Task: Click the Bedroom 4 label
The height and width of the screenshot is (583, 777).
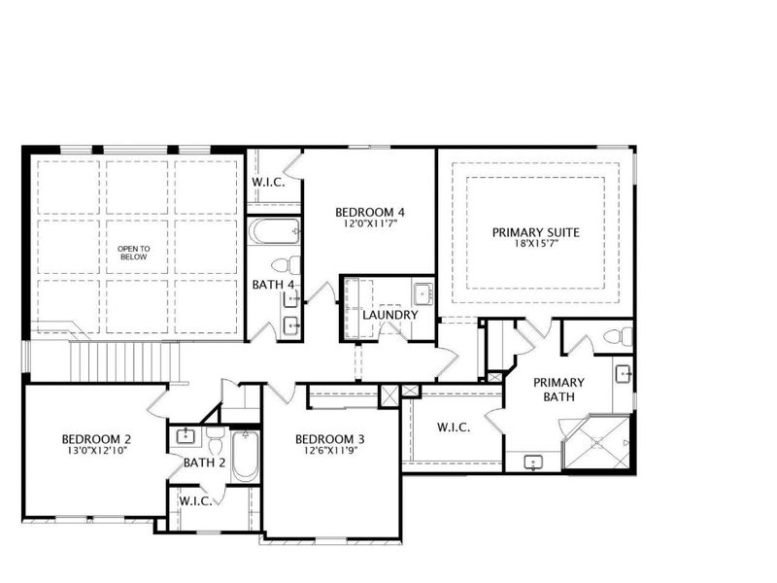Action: coord(369,213)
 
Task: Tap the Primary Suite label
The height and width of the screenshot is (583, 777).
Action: coord(535,232)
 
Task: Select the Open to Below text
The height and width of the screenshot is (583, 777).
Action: coord(134,253)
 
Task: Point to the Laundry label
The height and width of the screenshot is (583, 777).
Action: coord(389,315)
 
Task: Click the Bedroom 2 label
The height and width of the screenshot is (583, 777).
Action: coord(95,438)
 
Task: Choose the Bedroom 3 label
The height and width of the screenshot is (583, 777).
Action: coord(330,438)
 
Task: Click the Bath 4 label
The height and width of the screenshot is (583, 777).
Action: coord(272,285)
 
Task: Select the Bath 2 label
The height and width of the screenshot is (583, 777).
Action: coord(204,463)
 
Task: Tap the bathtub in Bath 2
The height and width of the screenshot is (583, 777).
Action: coord(245,457)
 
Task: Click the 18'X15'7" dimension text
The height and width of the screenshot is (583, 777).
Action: coord(535,245)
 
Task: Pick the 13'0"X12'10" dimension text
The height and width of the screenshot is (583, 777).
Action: coord(95,451)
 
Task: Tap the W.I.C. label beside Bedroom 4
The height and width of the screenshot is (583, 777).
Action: coord(268,183)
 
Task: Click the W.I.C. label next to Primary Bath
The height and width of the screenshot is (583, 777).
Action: coord(454,428)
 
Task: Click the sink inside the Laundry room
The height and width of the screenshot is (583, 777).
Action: coord(422,292)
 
